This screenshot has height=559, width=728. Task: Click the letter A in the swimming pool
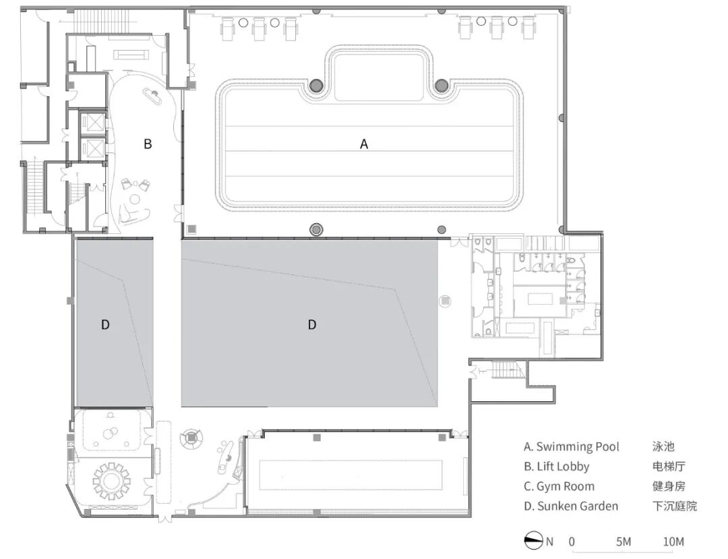(364, 144)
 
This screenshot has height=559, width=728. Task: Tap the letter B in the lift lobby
(148, 144)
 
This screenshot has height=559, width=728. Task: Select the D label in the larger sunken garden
(312, 324)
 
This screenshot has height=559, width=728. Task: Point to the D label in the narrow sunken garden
(105, 324)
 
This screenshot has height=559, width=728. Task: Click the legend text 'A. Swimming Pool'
(572, 446)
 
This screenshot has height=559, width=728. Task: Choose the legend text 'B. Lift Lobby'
(557, 467)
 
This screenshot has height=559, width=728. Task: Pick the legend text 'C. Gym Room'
(559, 487)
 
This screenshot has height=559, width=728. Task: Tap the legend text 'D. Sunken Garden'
(571, 506)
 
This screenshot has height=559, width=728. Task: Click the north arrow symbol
(533, 541)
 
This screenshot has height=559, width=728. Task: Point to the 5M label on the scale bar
(624, 541)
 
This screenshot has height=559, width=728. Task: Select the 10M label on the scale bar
(673, 541)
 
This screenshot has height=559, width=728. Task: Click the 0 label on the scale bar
(572, 541)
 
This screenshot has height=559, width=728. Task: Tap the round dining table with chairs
(111, 481)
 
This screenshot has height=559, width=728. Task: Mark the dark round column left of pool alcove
(316, 85)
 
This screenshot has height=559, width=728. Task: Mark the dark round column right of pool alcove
(442, 85)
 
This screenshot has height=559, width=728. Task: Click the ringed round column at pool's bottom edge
(316, 229)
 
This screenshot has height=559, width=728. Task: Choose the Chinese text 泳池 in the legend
(663, 446)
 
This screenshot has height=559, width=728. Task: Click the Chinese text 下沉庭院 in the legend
(675, 506)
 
